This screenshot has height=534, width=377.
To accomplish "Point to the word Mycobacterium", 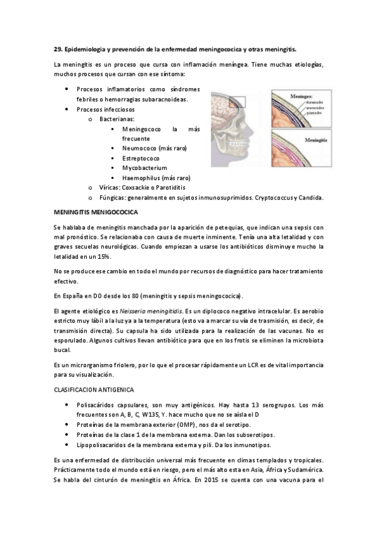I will pyautogui.click(x=144, y=168).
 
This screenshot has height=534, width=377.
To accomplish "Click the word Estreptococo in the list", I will pyautogui.click(x=141, y=158).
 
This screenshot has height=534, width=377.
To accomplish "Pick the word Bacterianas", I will pyautogui.click(x=116, y=118).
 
